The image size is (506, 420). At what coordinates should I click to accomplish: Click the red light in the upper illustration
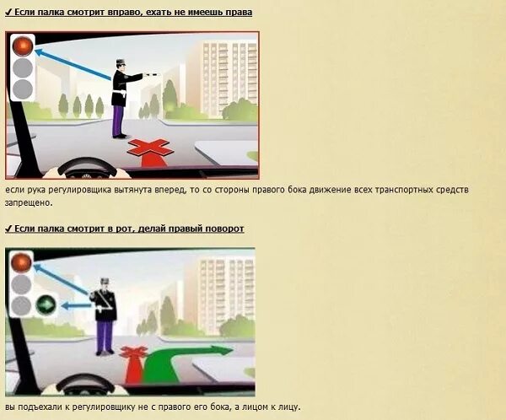tap(23, 46)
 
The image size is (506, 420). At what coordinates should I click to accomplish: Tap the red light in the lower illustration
tap(22, 261)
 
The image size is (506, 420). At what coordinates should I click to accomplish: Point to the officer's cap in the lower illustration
tap(105, 280)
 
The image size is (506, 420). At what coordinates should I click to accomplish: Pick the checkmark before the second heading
tap(8, 229)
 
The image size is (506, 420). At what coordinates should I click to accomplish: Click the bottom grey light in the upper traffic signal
tap(23, 88)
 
